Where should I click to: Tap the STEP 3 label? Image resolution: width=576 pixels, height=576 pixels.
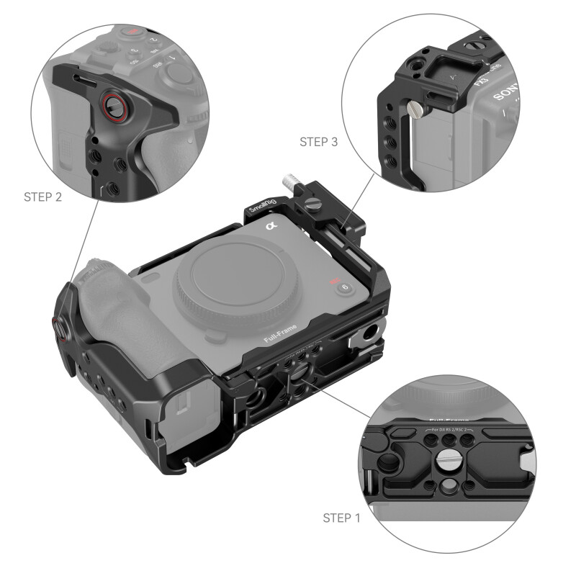click(x=318, y=142)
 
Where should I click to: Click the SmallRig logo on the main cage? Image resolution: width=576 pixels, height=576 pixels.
click(x=261, y=206)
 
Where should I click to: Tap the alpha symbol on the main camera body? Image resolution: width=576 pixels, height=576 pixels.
click(x=271, y=228)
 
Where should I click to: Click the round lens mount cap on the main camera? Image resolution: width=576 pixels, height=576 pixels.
click(x=228, y=282)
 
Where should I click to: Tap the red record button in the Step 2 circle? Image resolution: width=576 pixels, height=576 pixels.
click(x=132, y=32)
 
